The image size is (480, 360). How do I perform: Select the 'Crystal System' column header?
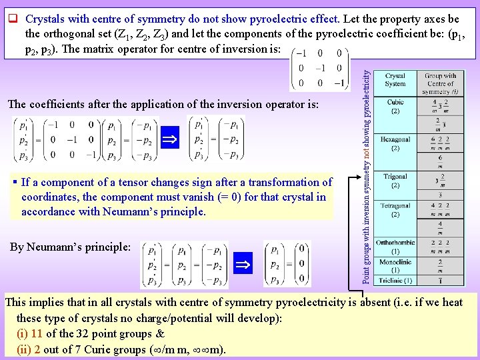[395, 80]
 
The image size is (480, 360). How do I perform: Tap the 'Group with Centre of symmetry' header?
[440, 83]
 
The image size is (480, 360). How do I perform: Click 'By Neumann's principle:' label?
[70, 247]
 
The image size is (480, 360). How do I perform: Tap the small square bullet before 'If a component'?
[15, 182]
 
